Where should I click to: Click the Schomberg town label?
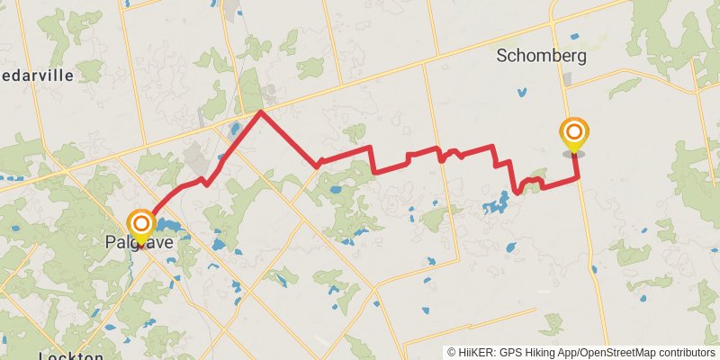pos(542,56)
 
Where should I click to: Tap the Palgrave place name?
pos(139,242)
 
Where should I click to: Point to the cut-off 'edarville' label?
pos(37,76)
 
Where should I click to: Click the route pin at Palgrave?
pos(141,224)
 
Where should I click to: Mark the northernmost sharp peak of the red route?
pos(261,112)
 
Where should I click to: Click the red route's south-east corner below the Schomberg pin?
pos(577,182)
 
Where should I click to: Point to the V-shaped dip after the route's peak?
pos(318,166)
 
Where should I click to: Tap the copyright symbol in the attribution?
pos(452,352)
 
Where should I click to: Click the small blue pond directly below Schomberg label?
pos(522,91)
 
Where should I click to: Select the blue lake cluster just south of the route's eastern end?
pos(494,204)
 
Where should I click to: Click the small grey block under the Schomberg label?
pos(566,79)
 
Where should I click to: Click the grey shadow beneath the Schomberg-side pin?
pos(573,154)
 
